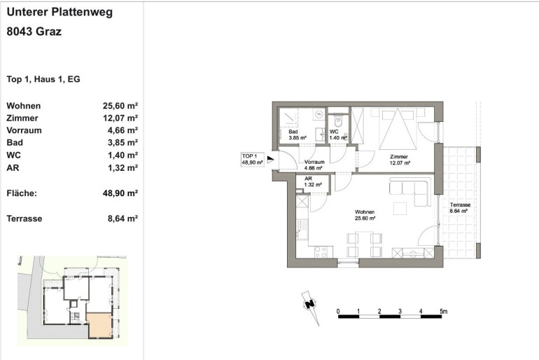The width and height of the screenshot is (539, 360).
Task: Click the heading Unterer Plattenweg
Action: pos(59,12)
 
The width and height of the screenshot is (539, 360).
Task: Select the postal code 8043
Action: pos(20,32)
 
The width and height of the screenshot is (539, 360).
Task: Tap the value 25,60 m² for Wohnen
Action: pos(120,106)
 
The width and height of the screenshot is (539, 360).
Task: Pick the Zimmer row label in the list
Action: pos(22,118)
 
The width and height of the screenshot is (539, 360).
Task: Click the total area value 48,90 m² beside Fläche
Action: pos(120,193)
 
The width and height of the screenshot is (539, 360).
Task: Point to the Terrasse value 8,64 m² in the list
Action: pos(122,219)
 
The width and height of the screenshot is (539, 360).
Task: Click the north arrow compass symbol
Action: pos(311,307)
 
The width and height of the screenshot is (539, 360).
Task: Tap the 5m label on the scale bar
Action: pos(443,311)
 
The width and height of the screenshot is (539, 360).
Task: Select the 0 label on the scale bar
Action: pos(338,311)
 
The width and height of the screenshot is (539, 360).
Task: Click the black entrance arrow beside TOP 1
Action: pos(270,159)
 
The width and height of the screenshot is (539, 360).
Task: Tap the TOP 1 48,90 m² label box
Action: pos(252,159)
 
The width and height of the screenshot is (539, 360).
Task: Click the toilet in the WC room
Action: pos(338,120)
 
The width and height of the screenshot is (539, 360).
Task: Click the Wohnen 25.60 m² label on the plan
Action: pos(365,215)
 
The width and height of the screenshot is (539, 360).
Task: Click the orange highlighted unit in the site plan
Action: pos(99,325)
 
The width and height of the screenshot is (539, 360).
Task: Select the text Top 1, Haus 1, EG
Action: pos(43,79)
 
